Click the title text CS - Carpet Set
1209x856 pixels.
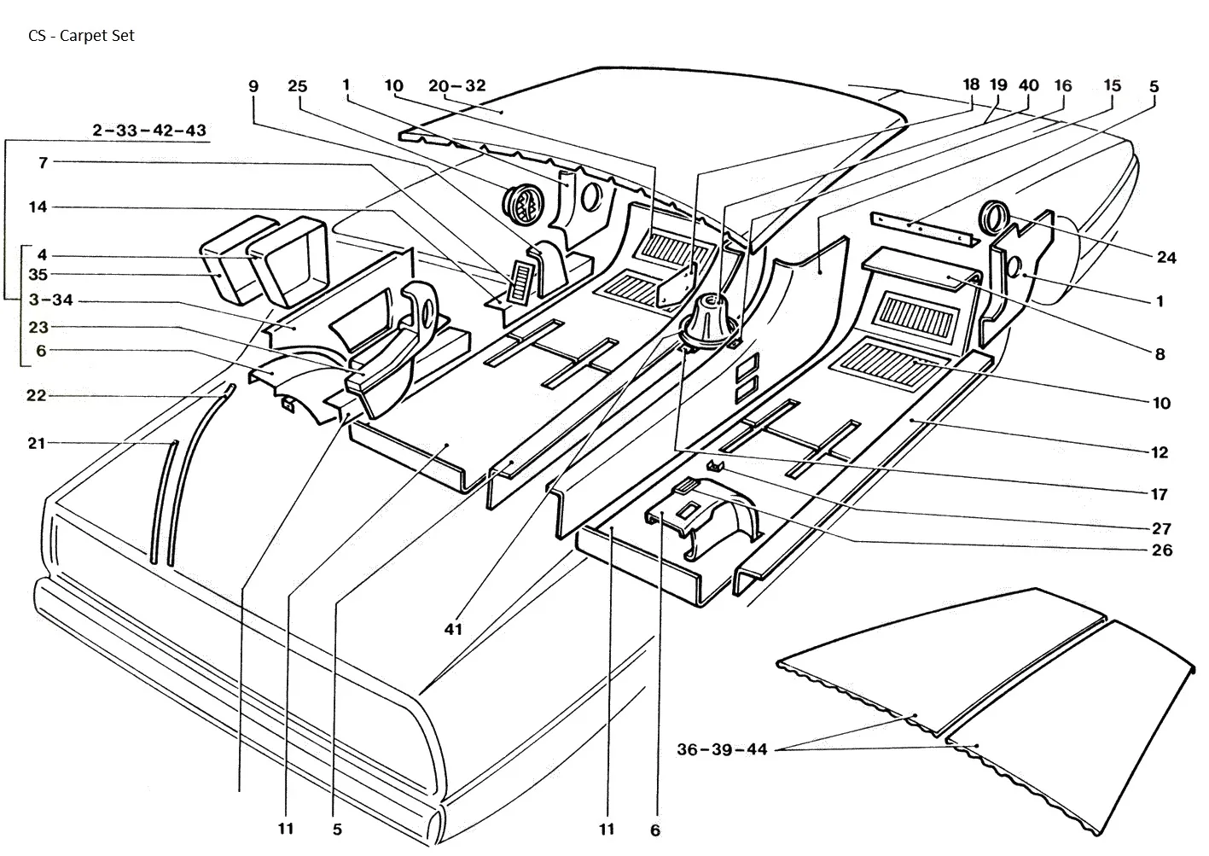pyautogui.click(x=81, y=36)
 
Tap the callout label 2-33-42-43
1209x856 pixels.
pyautogui.click(x=149, y=130)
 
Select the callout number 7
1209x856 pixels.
pyautogui.click(x=44, y=162)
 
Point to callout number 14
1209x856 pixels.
pyautogui.click(x=38, y=207)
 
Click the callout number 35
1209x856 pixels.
pyautogui.click(x=38, y=275)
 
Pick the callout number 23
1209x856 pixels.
pyautogui.click(x=38, y=327)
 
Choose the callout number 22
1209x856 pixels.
pyautogui.click(x=36, y=396)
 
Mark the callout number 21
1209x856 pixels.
pyautogui.click(x=36, y=443)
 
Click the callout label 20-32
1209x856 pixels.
pyautogui.click(x=457, y=85)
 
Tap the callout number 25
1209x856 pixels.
pyautogui.click(x=298, y=86)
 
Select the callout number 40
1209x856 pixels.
pyautogui.click(x=1029, y=85)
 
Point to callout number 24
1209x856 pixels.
pyautogui.click(x=1166, y=258)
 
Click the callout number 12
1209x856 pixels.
pyautogui.click(x=1160, y=452)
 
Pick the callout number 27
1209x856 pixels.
pyautogui.click(x=1161, y=528)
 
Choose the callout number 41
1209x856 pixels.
pyautogui.click(x=453, y=629)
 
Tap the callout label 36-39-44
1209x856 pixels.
pyautogui.click(x=722, y=749)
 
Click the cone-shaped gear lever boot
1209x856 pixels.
pyautogui.click(x=709, y=322)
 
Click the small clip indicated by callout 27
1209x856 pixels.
pyautogui.click(x=715, y=465)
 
